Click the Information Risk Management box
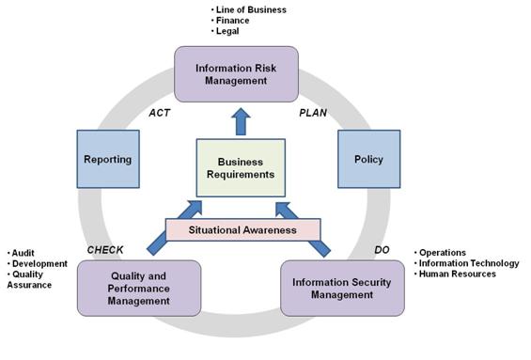[x=236, y=74]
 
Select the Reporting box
[x=106, y=159]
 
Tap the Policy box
[x=368, y=159]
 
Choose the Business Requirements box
[x=240, y=167]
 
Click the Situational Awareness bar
[x=242, y=229]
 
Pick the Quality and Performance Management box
[x=139, y=288]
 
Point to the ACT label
[x=159, y=112]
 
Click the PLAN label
[x=312, y=112]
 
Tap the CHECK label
[x=105, y=250]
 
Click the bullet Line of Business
[x=251, y=10]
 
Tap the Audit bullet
[x=23, y=253]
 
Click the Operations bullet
[x=444, y=253]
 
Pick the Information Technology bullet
[x=467, y=263]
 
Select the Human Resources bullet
[x=457, y=274]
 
